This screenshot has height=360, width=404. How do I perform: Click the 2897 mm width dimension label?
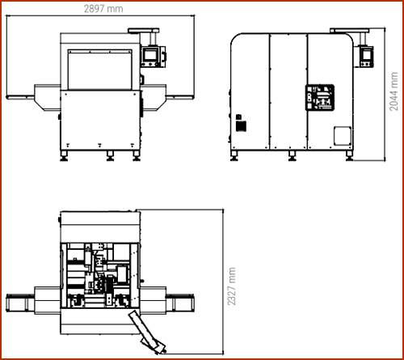click(103, 9)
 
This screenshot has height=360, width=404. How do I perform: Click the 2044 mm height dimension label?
click(393, 91)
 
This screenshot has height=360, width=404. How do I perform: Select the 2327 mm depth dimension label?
click(231, 286)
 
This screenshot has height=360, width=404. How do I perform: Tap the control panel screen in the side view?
click(366, 55)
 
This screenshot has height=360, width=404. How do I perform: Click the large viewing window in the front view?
click(99, 70)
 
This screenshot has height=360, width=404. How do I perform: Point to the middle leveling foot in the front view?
click(110, 156)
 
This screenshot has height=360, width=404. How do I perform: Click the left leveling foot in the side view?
click(234, 156)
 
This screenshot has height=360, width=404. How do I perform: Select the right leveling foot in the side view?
click(349, 156)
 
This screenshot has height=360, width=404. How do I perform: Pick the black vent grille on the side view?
click(241, 126)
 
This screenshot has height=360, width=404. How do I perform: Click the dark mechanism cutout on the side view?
click(320, 97)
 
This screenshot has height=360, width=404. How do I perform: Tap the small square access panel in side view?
click(343, 136)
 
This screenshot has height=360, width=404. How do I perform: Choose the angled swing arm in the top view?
click(147, 332)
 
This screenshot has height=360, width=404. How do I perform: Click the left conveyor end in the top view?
click(17, 303)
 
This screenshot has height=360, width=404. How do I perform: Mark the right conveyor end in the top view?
click(183, 303)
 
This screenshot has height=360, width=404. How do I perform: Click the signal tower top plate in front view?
click(144, 31)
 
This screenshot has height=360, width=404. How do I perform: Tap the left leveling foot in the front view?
click(64, 156)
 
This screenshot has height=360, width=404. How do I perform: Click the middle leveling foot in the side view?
click(292, 156)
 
